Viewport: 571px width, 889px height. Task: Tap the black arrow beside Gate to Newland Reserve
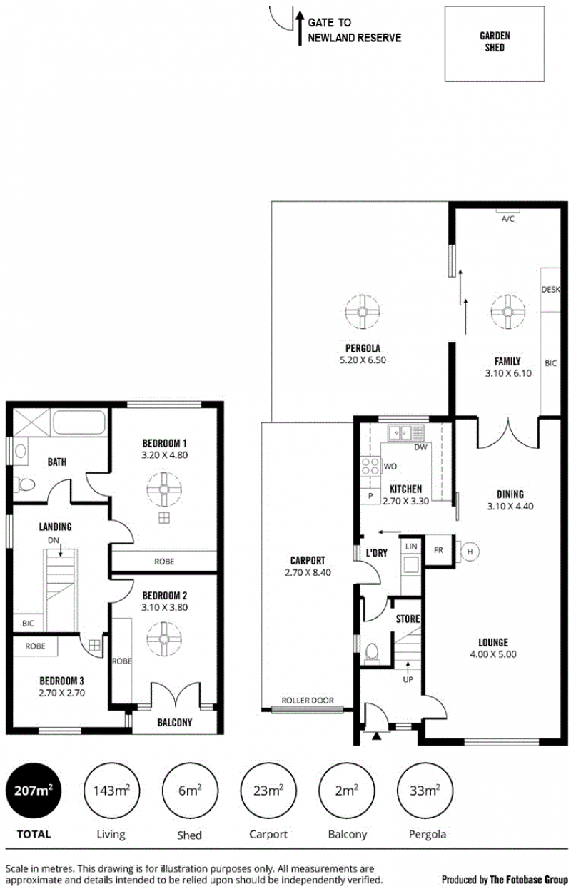click(x=300, y=28)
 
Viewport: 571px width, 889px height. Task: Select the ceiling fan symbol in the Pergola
click(x=362, y=312)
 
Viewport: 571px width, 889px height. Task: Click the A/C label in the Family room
click(x=507, y=218)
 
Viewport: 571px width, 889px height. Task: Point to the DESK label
click(x=550, y=290)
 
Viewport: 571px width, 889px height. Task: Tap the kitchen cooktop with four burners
click(x=370, y=466)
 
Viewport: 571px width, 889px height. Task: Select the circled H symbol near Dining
click(x=470, y=552)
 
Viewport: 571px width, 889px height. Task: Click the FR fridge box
click(x=439, y=550)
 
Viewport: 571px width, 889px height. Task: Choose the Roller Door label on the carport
click(x=308, y=701)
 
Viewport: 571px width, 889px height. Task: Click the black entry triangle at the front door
click(x=376, y=736)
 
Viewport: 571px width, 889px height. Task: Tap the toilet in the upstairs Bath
click(x=24, y=484)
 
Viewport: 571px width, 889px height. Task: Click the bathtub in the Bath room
click(x=79, y=422)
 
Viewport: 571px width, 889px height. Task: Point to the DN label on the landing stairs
click(x=54, y=540)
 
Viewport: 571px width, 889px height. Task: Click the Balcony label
click(x=175, y=722)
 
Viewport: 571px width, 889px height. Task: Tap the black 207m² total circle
click(x=34, y=790)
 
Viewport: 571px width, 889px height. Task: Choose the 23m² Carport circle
click(x=269, y=790)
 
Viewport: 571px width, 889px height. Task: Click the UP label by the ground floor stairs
click(x=408, y=679)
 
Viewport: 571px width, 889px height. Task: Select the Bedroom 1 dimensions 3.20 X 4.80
click(x=164, y=454)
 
